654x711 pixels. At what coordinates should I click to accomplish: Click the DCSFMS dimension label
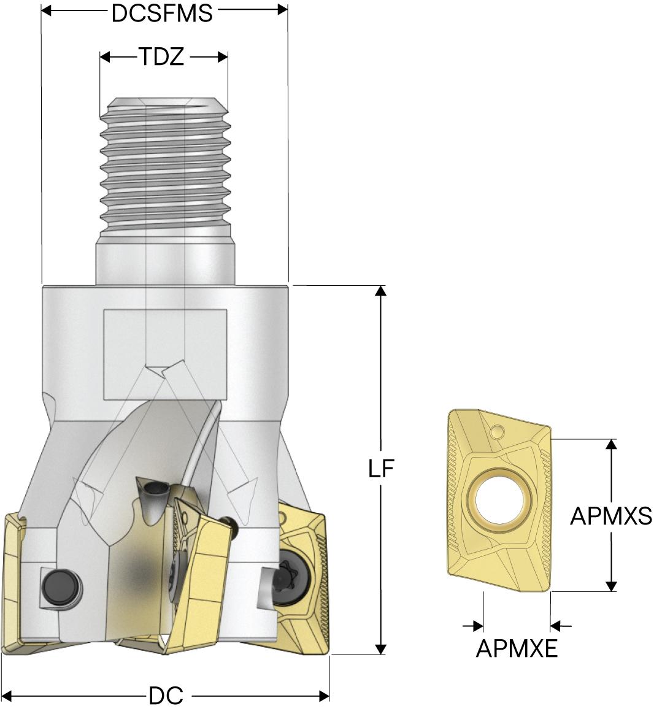[x=162, y=13]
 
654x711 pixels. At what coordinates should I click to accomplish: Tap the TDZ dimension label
[x=161, y=57]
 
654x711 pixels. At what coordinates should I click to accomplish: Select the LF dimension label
[x=381, y=469]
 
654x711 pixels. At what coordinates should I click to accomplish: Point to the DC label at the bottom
[x=166, y=695]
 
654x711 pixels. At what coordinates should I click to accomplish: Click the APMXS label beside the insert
[x=611, y=515]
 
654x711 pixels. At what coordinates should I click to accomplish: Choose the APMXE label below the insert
[x=517, y=649]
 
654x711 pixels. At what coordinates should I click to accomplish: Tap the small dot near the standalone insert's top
[x=498, y=431]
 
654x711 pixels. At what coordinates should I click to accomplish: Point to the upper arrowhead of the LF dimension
[x=382, y=291]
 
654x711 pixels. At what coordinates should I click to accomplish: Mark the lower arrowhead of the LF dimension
[x=382, y=649]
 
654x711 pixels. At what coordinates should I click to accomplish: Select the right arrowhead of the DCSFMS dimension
[x=282, y=10]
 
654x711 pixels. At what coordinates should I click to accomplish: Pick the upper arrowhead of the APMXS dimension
[x=612, y=444]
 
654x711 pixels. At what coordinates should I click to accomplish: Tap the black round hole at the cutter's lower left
[x=62, y=588]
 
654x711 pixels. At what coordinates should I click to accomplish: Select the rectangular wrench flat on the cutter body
[x=165, y=355]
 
